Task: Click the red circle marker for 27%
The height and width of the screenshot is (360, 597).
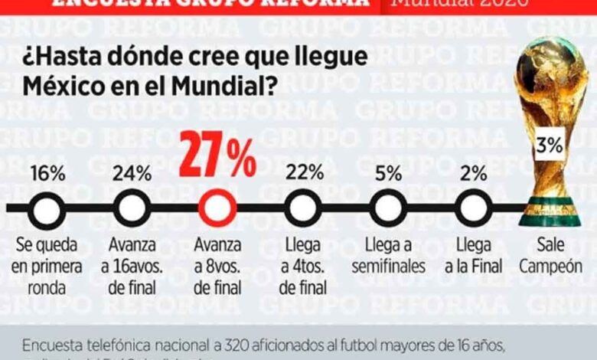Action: click(x=218, y=208)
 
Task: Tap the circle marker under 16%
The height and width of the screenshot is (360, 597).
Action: click(x=47, y=208)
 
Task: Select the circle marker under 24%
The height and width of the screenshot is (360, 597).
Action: click(x=132, y=208)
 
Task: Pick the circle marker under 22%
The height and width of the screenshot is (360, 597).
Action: click(x=304, y=208)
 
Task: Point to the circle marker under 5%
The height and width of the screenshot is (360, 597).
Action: click(x=389, y=208)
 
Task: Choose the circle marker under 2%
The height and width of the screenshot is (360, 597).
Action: click(x=475, y=208)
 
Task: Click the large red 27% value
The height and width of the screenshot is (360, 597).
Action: click(x=218, y=156)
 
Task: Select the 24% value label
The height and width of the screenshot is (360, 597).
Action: click(x=132, y=172)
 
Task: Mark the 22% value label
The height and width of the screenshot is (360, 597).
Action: click(x=304, y=172)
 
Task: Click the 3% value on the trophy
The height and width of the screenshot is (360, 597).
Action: click(x=550, y=145)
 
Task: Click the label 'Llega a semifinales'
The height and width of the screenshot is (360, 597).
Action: click(x=389, y=256)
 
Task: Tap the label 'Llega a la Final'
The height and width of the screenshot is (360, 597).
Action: click(x=475, y=256)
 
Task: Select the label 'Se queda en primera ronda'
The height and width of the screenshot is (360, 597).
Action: click(x=47, y=267)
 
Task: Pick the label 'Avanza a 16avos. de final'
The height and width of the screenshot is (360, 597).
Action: click(x=132, y=267)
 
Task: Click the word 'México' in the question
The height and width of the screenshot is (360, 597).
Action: click(x=60, y=86)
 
